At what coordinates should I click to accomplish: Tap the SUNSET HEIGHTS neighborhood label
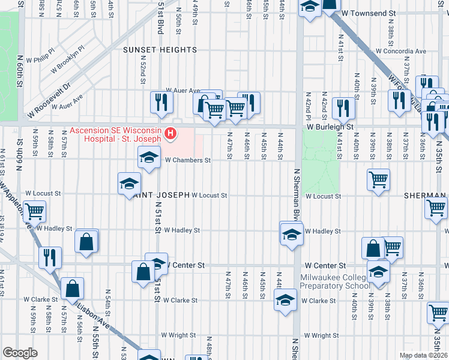pyautogui.click(x=160, y=50)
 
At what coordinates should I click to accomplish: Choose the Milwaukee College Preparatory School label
pyautogui.click(x=336, y=281)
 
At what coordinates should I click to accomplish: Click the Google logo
pyautogui.click(x=20, y=353)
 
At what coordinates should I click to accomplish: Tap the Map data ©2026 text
pyautogui.click(x=422, y=355)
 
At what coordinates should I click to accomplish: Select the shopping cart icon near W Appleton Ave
pyautogui.click(x=35, y=211)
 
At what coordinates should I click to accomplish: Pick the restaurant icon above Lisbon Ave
pyautogui.click(x=50, y=257)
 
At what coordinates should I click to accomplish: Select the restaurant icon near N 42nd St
pyautogui.click(x=343, y=108)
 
